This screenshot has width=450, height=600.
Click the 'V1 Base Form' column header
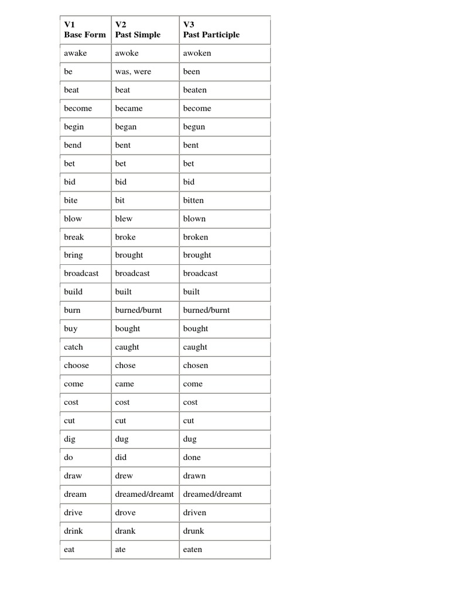tap(85, 29)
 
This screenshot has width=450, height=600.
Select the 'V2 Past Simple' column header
tap(138, 29)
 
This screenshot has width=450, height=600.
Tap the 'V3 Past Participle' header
tap(211, 29)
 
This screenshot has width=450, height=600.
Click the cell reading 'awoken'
tap(197, 53)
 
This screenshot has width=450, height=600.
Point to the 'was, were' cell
tap(133, 71)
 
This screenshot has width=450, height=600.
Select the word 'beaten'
tap(195, 90)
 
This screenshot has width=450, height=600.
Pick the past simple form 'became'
tap(128, 108)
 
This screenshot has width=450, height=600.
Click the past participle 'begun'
tap(194, 127)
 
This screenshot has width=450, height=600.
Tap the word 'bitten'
tap(193, 200)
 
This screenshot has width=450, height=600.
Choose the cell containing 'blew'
tap(124, 219)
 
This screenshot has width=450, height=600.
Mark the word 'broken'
tap(195, 237)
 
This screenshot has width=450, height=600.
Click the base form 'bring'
tap(73, 255)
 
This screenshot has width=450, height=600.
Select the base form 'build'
tap(73, 292)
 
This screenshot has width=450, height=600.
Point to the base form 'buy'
tap(70, 329)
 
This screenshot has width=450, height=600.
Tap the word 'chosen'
tap(195, 366)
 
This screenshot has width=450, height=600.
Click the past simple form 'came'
tap(124, 384)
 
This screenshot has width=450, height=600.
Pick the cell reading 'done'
tap(192, 458)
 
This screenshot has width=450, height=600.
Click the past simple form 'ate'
tap(120, 550)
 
